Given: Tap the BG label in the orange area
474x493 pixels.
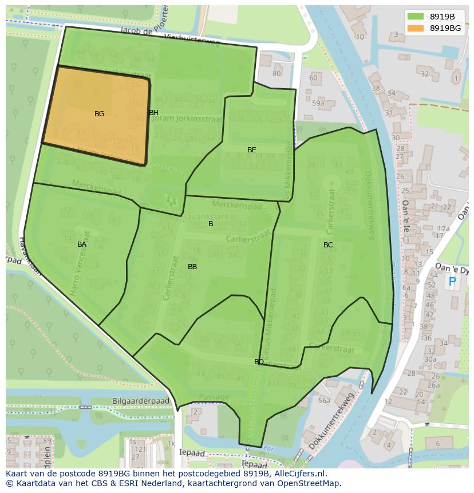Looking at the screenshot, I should [99, 114].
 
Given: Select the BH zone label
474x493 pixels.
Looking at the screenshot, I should [153, 113].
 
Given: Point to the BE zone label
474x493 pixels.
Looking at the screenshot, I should [251, 150].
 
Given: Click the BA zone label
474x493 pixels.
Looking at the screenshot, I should [82, 244].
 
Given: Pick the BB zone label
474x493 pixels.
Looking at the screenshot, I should [192, 267].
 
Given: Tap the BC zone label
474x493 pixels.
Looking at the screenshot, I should [327, 245].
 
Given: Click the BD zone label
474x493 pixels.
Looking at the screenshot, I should [259, 362].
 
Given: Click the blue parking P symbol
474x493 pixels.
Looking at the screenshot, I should [452, 282].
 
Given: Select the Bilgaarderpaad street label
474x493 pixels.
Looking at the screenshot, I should [141, 401].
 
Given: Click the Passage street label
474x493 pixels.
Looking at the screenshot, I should [214, 397].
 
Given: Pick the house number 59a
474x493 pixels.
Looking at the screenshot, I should [318, 104].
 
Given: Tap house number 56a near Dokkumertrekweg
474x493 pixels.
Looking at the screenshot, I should [325, 401].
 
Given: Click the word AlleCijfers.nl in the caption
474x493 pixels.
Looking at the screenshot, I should [299, 474].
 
